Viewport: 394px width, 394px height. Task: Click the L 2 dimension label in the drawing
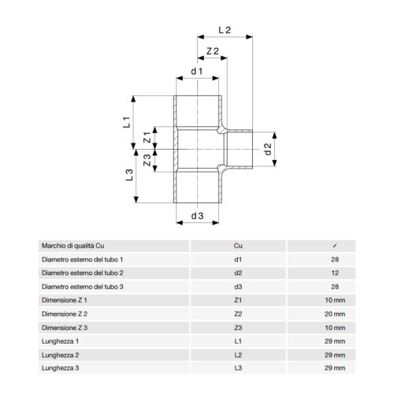pyautogui.click(x=225, y=30)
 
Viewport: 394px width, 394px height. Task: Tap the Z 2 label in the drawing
pyautogui.click(x=213, y=51)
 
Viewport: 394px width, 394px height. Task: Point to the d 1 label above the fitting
pyautogui.click(x=197, y=71)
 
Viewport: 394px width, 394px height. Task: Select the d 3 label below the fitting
pyautogui.click(x=197, y=216)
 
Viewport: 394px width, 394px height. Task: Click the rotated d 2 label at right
pyautogui.click(x=268, y=149)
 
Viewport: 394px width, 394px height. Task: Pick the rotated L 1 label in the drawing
pyautogui.click(x=127, y=122)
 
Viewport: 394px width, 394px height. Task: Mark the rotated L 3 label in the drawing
pyautogui.click(x=129, y=175)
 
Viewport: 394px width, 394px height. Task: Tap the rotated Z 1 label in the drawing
pyautogui.click(x=147, y=137)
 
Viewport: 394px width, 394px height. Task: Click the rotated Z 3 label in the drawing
pyautogui.click(x=147, y=160)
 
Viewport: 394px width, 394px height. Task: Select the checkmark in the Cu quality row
pyautogui.click(x=335, y=246)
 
